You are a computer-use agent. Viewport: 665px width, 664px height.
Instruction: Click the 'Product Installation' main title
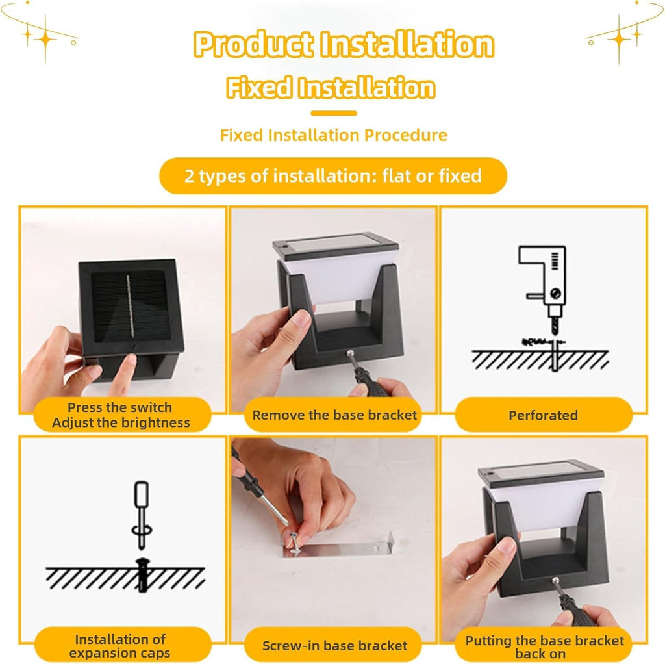(x=343, y=45)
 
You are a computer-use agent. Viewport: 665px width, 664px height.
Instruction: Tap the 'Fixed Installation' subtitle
(x=331, y=88)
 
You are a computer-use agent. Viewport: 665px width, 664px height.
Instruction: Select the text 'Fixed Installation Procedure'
(x=333, y=135)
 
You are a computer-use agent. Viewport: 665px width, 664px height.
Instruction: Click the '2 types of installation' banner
(x=332, y=175)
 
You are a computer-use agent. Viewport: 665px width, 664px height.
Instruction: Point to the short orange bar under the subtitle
(x=333, y=113)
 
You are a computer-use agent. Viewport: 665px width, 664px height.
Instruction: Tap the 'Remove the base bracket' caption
(x=334, y=415)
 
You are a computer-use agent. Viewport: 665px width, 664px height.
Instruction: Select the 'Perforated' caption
(x=543, y=415)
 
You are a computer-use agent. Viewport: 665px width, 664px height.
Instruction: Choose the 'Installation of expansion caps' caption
(x=121, y=645)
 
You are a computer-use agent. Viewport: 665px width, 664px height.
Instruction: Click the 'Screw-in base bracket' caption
(x=334, y=645)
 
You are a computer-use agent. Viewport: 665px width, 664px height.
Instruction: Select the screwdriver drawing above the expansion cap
(x=141, y=513)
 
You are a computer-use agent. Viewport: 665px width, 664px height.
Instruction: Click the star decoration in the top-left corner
(x=45, y=39)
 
